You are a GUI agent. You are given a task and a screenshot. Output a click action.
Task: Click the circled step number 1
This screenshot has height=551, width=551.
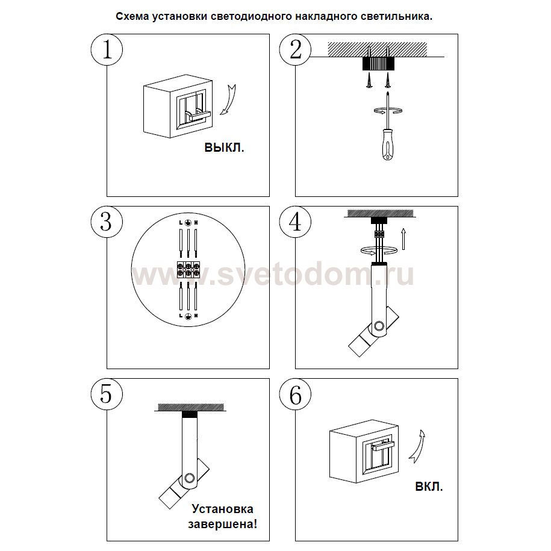click(107, 49)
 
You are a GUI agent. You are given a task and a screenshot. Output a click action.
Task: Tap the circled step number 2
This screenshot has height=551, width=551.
click(295, 49)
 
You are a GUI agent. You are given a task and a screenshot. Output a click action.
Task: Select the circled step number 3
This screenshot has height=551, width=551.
click(107, 222)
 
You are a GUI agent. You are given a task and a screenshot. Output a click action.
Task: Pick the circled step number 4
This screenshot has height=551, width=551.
click(295, 222)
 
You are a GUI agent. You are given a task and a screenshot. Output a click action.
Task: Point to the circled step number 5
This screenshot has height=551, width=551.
click(107, 394)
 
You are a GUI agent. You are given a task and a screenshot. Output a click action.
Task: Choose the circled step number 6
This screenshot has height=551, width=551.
click(295, 394)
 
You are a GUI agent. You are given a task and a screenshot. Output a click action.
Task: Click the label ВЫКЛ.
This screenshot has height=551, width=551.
click(224, 148)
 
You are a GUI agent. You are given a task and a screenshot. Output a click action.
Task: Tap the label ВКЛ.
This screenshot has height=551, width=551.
click(429, 487)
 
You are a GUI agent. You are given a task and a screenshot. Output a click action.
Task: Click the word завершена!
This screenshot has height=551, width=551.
click(223, 525)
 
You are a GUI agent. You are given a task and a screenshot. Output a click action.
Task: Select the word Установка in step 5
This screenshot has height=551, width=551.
click(222, 509)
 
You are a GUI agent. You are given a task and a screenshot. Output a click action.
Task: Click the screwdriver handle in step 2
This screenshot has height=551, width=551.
click(388, 145)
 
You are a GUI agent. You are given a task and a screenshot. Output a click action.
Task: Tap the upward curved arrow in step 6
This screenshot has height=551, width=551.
click(418, 446)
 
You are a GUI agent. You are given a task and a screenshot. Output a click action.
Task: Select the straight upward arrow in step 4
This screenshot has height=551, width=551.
click(403, 239)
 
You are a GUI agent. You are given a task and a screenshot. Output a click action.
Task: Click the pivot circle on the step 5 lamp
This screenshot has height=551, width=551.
click(190, 478)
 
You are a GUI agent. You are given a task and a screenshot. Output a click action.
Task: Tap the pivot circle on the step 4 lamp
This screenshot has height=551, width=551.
click(379, 326)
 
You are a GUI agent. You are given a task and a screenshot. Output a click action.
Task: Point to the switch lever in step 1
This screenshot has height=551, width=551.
click(198, 115)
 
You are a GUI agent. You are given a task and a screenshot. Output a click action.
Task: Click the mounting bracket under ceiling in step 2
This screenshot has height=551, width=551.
click(378, 63)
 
